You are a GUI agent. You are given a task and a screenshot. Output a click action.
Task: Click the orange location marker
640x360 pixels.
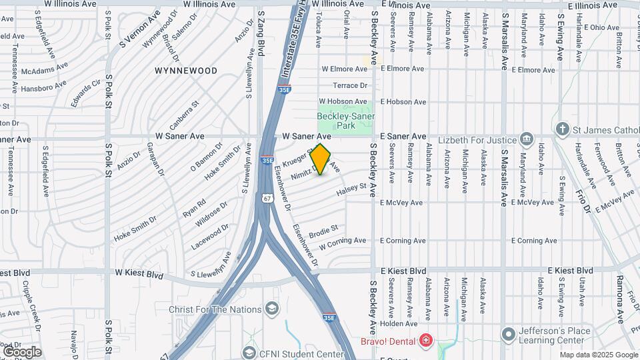(x=321, y=159)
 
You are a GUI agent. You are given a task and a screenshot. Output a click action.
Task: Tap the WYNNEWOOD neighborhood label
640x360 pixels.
(x=186, y=70)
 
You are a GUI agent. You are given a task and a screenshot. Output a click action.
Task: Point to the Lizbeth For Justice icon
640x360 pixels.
(x=527, y=139)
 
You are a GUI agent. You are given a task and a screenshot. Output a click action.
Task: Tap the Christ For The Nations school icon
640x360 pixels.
(x=271, y=309)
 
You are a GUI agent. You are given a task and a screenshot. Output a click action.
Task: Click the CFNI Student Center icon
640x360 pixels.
(x=249, y=352)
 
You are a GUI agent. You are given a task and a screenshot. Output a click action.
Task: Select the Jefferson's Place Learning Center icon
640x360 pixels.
(x=509, y=333)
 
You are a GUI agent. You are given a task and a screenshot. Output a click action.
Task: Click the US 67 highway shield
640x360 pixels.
(x=267, y=198)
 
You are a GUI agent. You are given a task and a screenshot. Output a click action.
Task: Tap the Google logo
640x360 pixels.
(x=22, y=351)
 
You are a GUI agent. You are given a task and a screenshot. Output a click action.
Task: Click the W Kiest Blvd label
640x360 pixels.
(x=139, y=273)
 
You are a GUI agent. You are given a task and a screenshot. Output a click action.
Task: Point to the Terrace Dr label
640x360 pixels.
(x=351, y=85)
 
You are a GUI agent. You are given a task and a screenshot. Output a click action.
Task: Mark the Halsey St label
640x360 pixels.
(x=352, y=190)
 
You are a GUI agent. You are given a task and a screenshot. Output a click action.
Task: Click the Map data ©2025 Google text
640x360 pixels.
(x=598, y=355)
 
